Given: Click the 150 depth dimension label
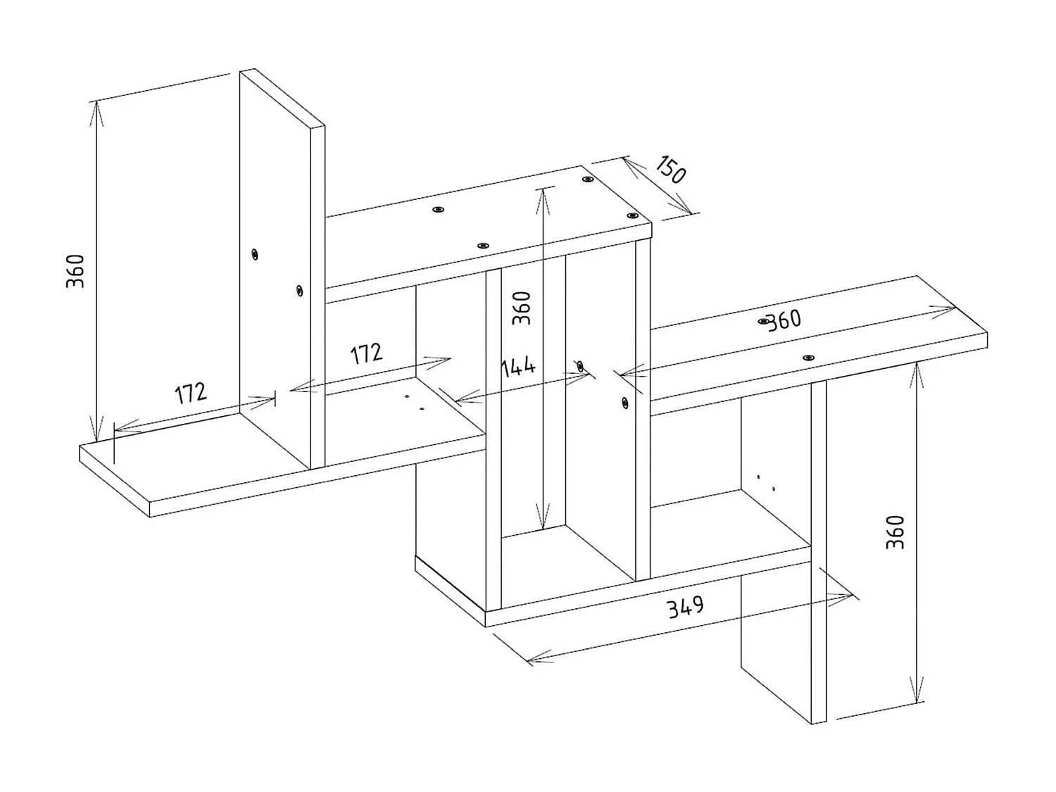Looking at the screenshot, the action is click(x=670, y=170).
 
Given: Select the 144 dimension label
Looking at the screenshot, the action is click(x=517, y=368).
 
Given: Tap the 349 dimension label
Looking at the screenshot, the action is click(x=685, y=607).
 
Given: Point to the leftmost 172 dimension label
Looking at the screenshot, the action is click(x=191, y=394).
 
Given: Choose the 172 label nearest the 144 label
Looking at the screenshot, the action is click(x=366, y=354).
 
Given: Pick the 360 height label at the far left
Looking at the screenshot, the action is click(x=75, y=271).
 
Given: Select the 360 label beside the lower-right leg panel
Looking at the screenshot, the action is click(x=895, y=532).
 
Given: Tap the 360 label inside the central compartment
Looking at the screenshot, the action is click(x=521, y=308).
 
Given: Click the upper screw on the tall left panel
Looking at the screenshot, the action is click(x=255, y=254).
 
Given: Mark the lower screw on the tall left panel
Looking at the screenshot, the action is click(x=300, y=291).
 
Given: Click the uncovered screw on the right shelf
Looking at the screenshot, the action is click(x=808, y=358).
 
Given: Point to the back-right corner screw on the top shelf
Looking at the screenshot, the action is click(x=587, y=180).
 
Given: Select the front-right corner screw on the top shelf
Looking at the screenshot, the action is click(x=633, y=216).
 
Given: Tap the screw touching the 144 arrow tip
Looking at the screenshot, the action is click(x=580, y=366).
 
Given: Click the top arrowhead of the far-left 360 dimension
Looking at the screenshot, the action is click(x=96, y=113).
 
